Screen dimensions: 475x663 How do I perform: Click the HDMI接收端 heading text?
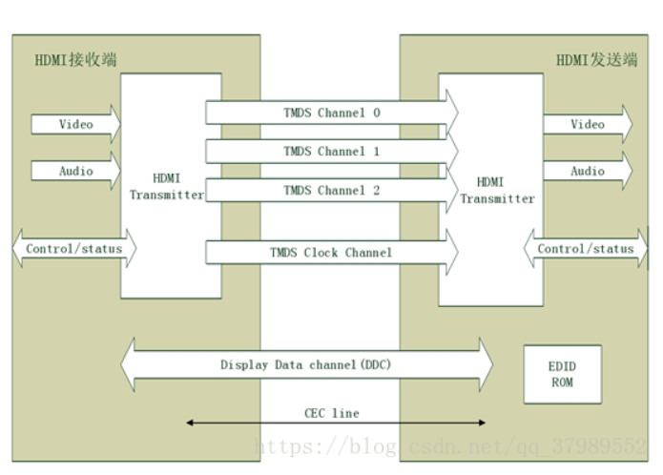point(75,60)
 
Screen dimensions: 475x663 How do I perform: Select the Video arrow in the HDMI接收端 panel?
point(75,124)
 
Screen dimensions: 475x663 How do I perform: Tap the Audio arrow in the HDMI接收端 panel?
point(75,171)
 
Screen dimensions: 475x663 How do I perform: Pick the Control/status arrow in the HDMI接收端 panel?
point(73,249)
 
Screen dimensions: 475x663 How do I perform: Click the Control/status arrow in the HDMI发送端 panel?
point(585,249)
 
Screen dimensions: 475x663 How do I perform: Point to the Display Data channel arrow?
point(306,364)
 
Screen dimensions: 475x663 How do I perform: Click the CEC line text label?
point(331,413)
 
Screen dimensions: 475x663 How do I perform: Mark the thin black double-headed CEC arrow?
point(238,423)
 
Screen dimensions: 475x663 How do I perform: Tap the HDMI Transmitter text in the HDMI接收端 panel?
point(166,186)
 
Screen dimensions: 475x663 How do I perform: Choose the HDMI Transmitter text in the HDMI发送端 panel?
point(491,190)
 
